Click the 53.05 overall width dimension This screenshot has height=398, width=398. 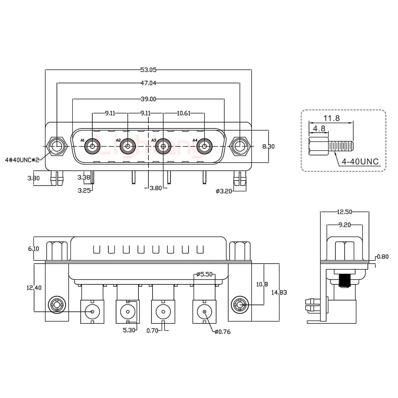coord(148,70)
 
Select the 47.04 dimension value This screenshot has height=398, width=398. coord(148,83)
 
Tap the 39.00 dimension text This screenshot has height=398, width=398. coord(148,99)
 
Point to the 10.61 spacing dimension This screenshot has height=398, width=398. coord(184,113)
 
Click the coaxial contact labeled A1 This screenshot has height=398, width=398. coord(92,146)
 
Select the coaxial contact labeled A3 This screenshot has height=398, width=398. coord(163,146)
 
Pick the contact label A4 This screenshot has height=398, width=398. coord(195,140)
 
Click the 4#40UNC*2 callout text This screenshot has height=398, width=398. coord(22,160)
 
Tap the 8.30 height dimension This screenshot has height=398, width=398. coord(268,146)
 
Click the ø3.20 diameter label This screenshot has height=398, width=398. coord(224,191)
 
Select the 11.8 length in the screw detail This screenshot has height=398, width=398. coord(331,118)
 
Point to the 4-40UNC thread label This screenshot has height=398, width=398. coord(360,162)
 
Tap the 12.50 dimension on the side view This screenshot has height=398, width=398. coord(344,212)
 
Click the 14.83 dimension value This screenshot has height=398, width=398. coord(279,292)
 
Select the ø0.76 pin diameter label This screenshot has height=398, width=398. coord(222,332)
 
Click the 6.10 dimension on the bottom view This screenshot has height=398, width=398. coord(33,249)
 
